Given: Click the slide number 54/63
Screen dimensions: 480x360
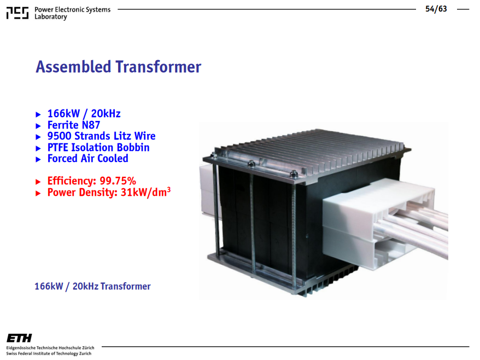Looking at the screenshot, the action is pyautogui.click(x=436, y=9).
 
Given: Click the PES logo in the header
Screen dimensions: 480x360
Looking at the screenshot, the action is pyautogui.click(x=17, y=13).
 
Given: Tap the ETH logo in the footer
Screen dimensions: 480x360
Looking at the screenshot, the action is pyautogui.click(x=19, y=338).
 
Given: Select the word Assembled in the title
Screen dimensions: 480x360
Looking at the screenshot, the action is pyautogui.click(x=73, y=67).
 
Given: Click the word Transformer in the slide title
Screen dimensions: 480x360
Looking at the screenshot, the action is pyautogui.click(x=158, y=67).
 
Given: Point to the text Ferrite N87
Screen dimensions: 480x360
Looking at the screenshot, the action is pyautogui.click(x=74, y=125).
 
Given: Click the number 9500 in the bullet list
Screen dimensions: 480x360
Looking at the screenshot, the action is pyautogui.click(x=60, y=136).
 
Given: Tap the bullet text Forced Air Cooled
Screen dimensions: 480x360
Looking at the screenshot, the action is pyautogui.click(x=88, y=159).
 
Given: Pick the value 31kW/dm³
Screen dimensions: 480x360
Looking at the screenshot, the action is pyautogui.click(x=146, y=192).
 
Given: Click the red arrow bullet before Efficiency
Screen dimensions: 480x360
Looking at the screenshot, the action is pyautogui.click(x=38, y=182).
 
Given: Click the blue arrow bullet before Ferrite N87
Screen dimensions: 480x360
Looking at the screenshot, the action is pyautogui.click(x=38, y=126).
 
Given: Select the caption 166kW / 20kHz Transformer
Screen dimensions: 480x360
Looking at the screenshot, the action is pyautogui.click(x=92, y=286).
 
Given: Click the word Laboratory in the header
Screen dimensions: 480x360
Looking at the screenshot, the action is pyautogui.click(x=50, y=17).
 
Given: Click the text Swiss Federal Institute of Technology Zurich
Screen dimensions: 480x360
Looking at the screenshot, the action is pyautogui.click(x=49, y=353).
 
